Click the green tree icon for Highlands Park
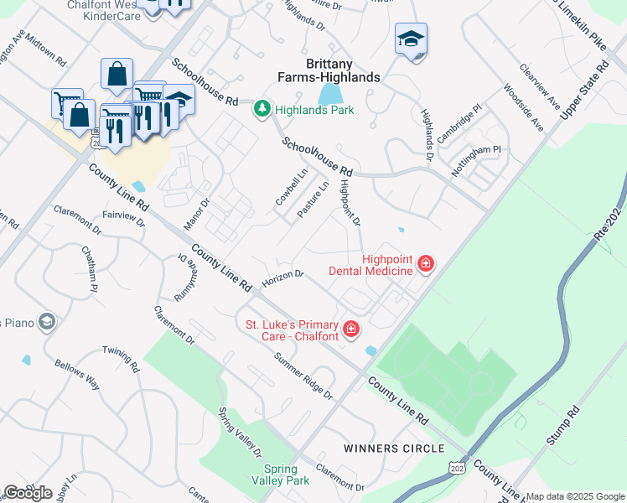[262, 109]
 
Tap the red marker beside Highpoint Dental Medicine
[426, 265]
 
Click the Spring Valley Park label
[281, 474]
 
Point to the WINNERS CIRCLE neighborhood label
[394, 449]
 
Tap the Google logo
[28, 492]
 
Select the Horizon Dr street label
[282, 277]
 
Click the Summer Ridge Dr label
[304, 376]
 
